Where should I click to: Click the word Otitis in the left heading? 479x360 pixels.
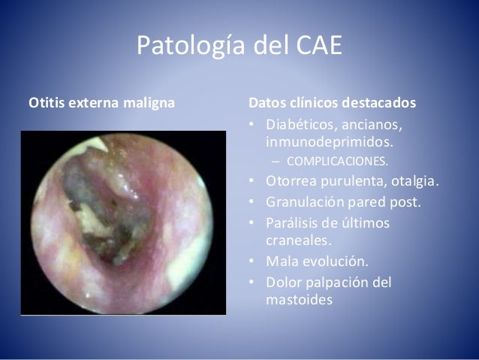pyautogui.click(x=45, y=103)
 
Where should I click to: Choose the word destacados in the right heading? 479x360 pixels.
pyautogui.click(x=381, y=103)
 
